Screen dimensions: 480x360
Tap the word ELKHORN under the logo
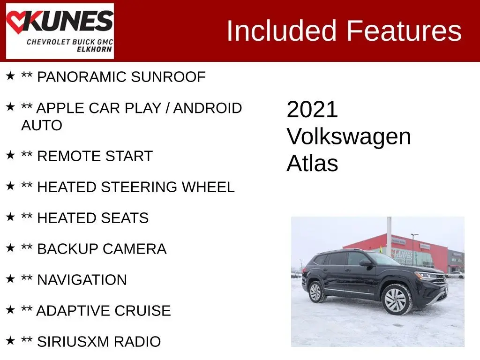point(94,49)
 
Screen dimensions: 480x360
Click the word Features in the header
point(404,30)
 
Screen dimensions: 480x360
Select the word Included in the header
point(282,30)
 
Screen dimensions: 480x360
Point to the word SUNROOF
point(168,77)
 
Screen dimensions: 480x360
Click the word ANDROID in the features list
point(208,108)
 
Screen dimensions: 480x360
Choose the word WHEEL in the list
point(208,187)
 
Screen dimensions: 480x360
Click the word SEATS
point(125,218)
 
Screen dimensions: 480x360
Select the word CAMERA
point(135,249)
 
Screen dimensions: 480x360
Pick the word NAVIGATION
point(82,280)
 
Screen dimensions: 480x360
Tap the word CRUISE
point(142,311)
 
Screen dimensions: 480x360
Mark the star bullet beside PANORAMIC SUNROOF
point(10,75)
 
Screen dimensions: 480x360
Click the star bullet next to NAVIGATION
point(10,278)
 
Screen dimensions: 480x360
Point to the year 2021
point(312,110)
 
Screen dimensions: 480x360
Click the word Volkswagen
point(349,137)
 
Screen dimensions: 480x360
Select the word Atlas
point(312,163)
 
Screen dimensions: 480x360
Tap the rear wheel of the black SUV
point(316,292)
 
